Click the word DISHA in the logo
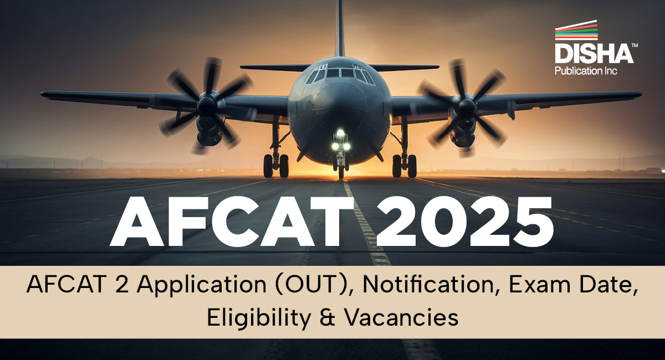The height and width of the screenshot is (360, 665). [x=594, y=54]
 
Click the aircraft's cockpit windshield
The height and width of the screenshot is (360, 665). [x=339, y=73]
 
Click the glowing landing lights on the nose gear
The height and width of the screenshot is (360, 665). [x=340, y=142]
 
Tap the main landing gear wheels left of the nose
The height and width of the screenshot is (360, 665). [x=275, y=165]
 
